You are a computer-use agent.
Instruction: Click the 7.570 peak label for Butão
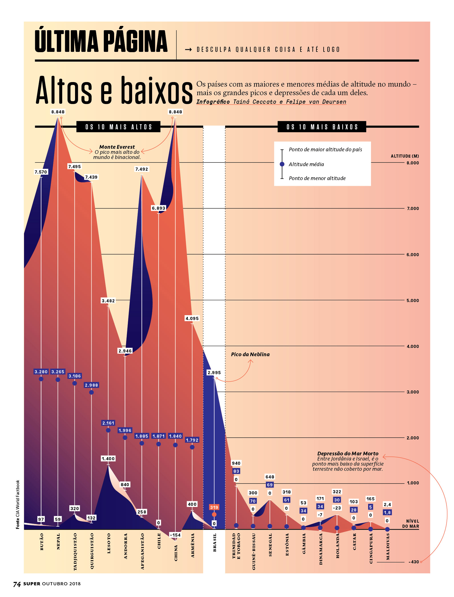41,172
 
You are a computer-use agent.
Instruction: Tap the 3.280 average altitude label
41,372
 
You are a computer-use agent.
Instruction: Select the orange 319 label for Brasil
214,507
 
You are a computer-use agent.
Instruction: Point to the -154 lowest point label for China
175,535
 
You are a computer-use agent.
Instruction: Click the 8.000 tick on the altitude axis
413,163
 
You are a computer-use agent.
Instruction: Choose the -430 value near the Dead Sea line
414,562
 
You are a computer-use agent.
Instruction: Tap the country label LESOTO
109,543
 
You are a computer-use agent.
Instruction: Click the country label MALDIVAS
388,547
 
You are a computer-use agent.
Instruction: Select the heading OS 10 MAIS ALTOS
118,127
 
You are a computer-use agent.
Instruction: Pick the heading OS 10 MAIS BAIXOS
322,127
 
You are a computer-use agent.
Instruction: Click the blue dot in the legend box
282,164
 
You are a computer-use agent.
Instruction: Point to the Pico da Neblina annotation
250,354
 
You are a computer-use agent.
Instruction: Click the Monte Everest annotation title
117,147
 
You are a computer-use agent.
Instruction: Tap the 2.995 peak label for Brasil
214,372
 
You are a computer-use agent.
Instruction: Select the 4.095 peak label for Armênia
192,318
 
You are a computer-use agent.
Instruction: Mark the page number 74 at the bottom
17,584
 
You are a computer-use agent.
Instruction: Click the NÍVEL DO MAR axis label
411,524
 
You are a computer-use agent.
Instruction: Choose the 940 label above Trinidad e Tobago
236,463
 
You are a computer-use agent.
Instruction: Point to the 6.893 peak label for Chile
158,208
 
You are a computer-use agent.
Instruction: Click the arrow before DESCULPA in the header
188,50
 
